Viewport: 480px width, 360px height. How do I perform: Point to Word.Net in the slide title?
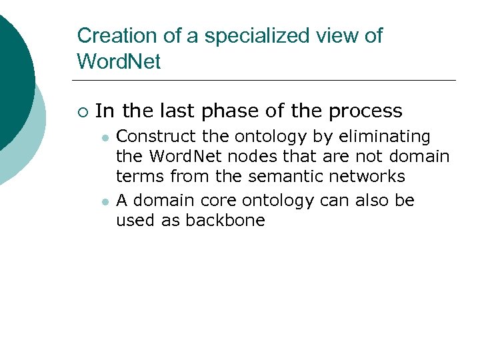point(119,62)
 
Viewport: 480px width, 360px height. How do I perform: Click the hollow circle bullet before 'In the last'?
point(82,111)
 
